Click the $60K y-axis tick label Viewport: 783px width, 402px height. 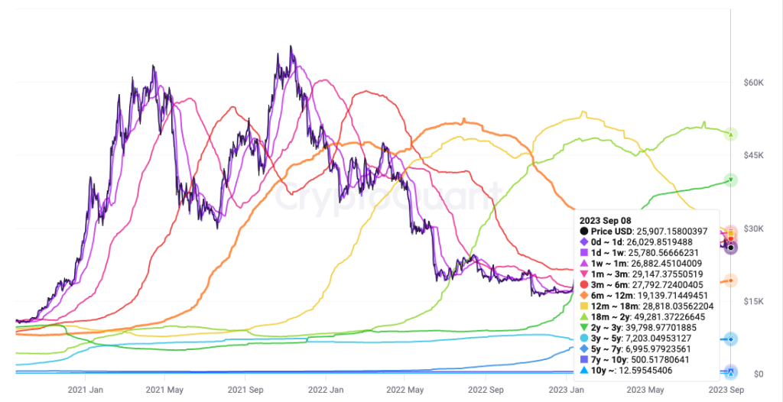pyautogui.click(x=754, y=82)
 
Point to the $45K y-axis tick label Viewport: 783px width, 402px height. pyautogui.click(x=754, y=155)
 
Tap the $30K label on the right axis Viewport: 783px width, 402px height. pyautogui.click(x=754, y=229)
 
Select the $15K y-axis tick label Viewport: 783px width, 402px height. pyautogui.click(x=754, y=301)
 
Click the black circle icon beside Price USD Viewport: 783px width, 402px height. pyautogui.click(x=584, y=231)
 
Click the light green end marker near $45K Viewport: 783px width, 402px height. pyautogui.click(x=731, y=135)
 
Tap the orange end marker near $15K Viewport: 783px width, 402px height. pyautogui.click(x=731, y=280)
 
